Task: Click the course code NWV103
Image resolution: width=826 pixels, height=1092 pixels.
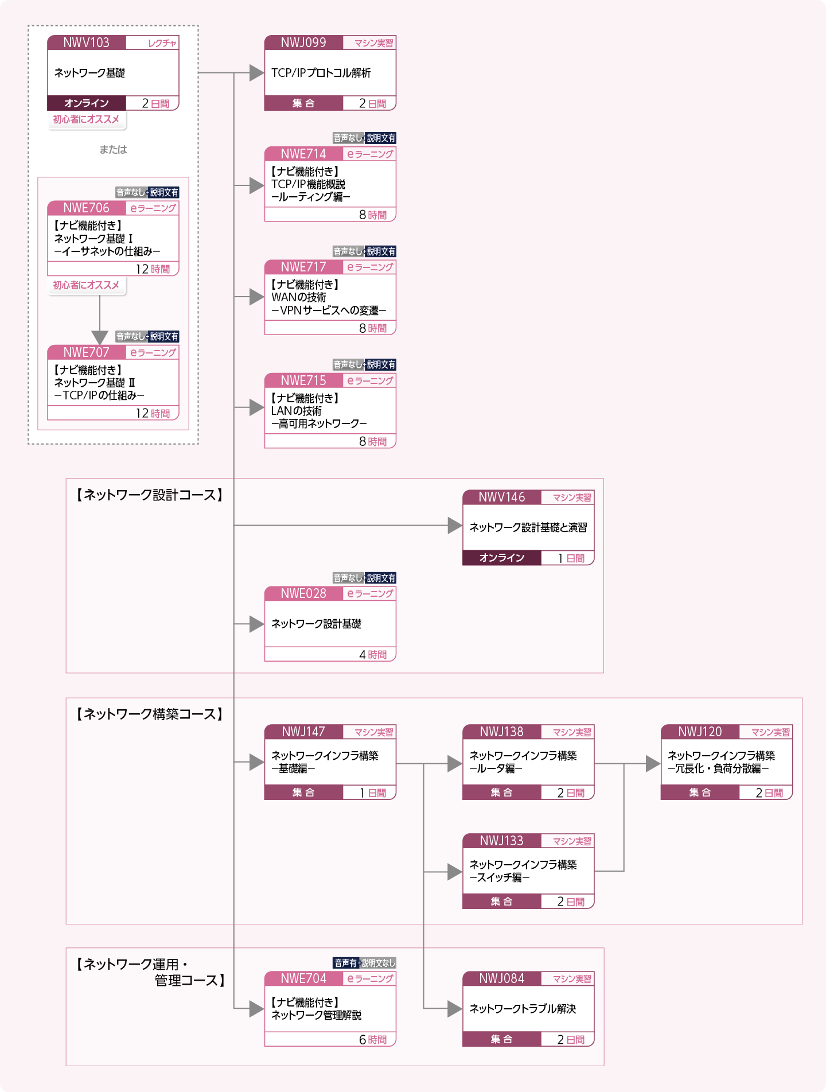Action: (86, 42)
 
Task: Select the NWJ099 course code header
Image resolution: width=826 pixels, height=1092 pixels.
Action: (303, 42)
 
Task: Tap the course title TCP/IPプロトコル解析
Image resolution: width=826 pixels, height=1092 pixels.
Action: (321, 73)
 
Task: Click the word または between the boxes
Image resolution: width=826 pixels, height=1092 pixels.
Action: (113, 150)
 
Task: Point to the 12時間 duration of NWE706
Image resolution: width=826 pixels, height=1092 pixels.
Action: (153, 269)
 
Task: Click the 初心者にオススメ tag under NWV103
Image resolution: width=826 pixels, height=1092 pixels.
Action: (86, 119)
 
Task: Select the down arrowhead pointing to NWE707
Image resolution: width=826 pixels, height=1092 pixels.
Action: (100, 337)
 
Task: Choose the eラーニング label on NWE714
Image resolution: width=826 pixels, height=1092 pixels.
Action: (370, 154)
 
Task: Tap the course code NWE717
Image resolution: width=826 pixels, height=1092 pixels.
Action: (303, 267)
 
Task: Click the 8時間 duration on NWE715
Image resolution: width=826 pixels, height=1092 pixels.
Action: (373, 441)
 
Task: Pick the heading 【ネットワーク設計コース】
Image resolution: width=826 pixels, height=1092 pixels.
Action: (149, 495)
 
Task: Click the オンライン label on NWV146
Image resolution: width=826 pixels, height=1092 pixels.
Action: (502, 558)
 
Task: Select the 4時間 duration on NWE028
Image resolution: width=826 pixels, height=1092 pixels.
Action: (373, 655)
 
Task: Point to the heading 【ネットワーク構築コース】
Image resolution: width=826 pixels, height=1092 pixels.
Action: (149, 714)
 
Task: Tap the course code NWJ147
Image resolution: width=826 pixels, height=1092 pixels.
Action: (303, 732)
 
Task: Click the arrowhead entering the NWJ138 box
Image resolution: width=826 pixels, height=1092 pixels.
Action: (455, 763)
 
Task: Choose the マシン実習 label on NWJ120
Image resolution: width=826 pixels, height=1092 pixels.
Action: (770, 732)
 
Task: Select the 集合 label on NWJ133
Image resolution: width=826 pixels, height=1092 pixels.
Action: (501, 901)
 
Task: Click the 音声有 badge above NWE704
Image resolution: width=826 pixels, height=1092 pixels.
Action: (346, 963)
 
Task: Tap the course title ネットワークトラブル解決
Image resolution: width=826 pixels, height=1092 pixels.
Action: (523, 1009)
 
